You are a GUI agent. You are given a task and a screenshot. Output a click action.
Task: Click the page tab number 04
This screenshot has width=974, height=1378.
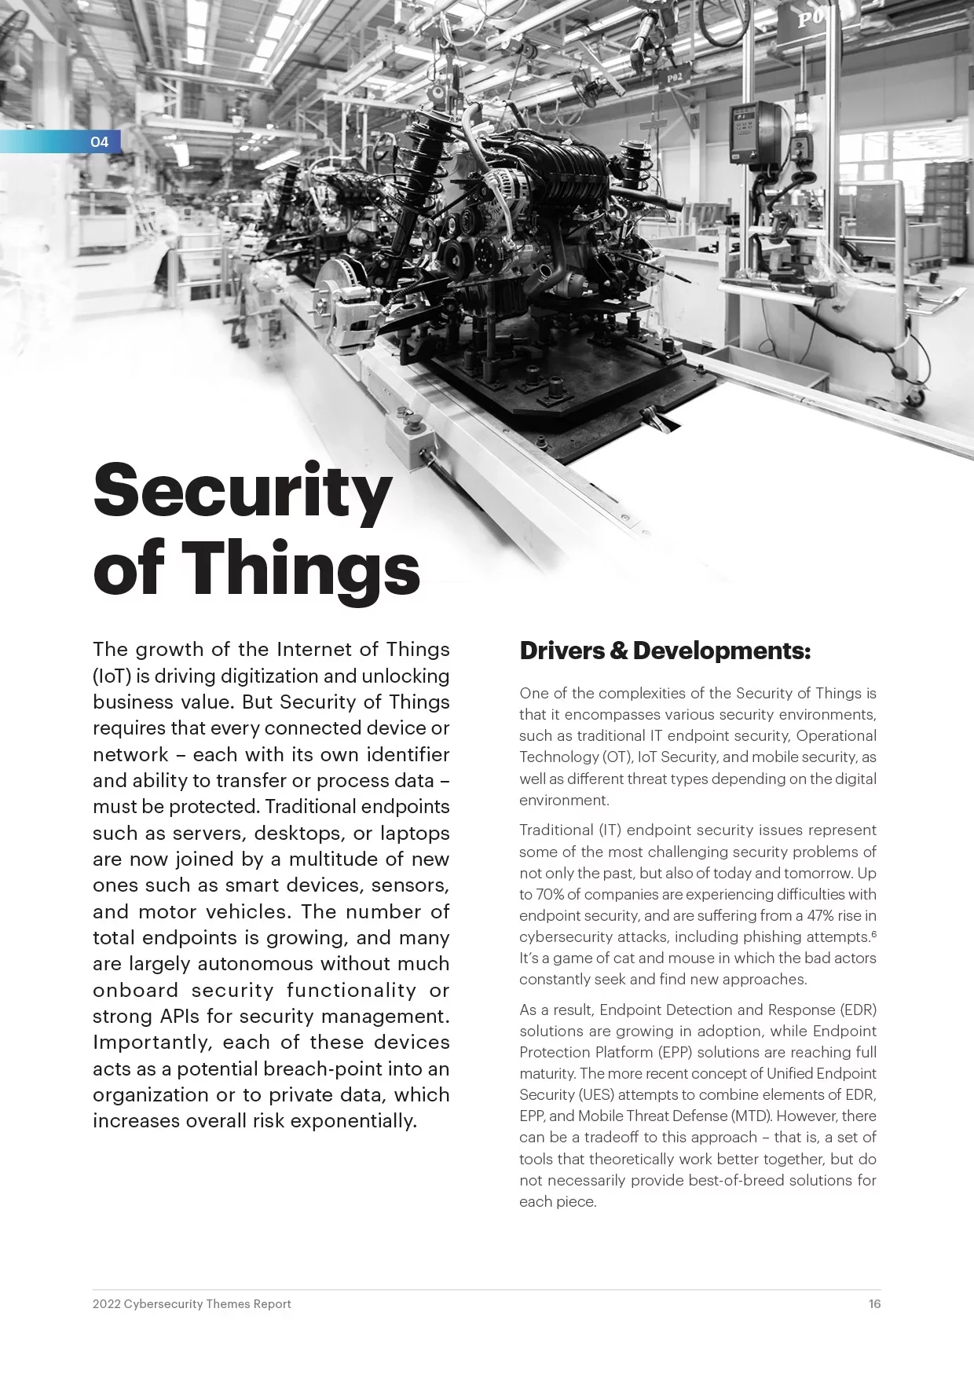tap(99, 142)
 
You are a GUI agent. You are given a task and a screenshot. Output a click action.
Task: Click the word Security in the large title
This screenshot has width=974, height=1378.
tap(242, 490)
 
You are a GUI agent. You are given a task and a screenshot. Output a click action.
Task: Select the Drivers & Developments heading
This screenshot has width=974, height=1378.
tap(665, 651)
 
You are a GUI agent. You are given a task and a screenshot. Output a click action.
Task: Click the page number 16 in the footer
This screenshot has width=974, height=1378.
tap(874, 1304)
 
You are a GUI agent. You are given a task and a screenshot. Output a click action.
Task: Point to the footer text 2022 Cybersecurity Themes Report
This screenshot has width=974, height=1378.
tap(192, 1304)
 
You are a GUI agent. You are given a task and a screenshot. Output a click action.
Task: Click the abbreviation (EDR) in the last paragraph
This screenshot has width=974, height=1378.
tap(858, 1010)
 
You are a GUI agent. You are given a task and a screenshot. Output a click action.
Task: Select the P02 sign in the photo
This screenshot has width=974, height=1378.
tap(675, 79)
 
